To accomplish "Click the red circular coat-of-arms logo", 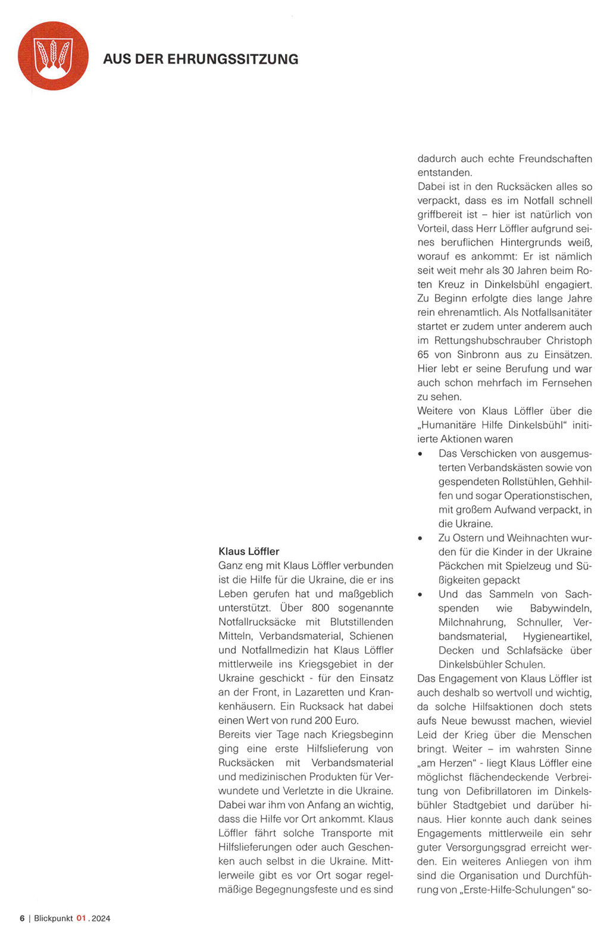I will point(53,56).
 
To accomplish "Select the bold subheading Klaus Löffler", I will point(249,551).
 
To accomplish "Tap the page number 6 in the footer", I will point(22,919).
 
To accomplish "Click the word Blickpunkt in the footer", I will point(54,919).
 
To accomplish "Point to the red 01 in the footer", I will point(82,919).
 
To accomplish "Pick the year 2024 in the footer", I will point(101,919).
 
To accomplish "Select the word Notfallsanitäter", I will point(556,312).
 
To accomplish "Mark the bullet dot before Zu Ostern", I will point(420,538).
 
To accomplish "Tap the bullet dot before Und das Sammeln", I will point(420,595).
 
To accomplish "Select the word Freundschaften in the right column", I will point(555,159).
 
